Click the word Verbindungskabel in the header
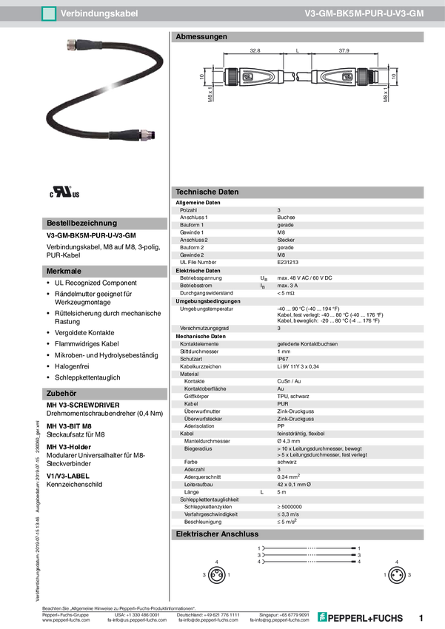[x=98, y=13]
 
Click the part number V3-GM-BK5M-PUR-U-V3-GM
[x=364, y=13]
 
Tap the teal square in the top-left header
[x=48, y=13]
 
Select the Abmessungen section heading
[x=201, y=36]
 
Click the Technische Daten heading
[x=207, y=192]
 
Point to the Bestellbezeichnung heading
[x=81, y=223]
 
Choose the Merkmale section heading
[x=64, y=271]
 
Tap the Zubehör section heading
[x=62, y=394]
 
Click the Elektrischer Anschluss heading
[x=216, y=534]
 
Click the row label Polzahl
[x=190, y=211]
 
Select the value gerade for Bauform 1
[x=286, y=225]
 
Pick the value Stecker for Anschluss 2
[x=286, y=240]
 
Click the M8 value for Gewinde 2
[x=281, y=255]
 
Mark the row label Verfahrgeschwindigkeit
[x=213, y=514]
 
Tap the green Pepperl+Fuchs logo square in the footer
[x=322, y=616]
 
